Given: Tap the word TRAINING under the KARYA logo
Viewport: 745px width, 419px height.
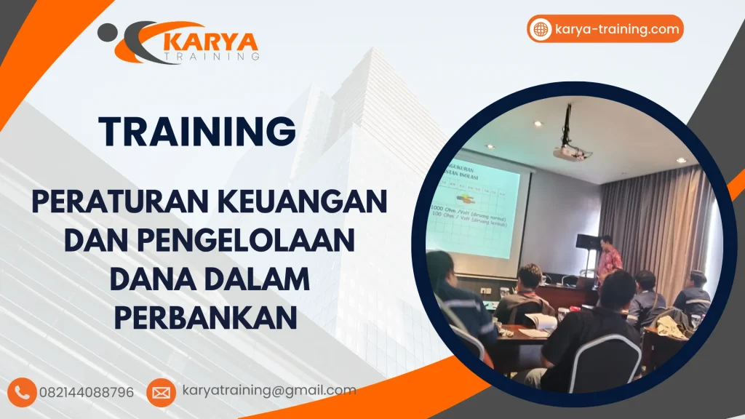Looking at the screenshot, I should click(212, 55).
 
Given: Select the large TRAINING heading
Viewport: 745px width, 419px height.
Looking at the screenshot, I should click(198, 131).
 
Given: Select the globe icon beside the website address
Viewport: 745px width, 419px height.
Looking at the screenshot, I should click(541, 29).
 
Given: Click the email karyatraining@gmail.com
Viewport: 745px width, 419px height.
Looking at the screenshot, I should click(269, 391).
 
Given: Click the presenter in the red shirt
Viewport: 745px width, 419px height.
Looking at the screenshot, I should click(609, 258).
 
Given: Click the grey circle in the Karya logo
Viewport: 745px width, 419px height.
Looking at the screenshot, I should click(106, 31).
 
